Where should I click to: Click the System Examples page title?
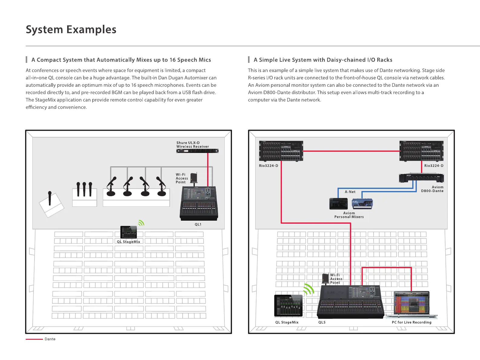pos(71,30)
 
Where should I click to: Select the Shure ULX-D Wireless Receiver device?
pos(197,151)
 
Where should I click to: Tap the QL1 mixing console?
pos(199,203)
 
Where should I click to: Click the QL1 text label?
pos(198,224)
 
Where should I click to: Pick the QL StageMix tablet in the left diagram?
pos(129,232)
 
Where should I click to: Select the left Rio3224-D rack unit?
pos(281,151)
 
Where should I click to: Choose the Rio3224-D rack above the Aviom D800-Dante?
pos(421,151)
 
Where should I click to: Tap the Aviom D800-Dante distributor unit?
pos(421,178)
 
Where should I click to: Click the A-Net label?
pos(350,192)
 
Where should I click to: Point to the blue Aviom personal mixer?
pos(362,204)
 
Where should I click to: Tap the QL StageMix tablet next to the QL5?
pos(289,306)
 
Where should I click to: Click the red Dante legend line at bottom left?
pos(34,339)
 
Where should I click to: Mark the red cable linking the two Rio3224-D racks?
pos(351,151)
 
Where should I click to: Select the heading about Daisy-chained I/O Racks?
pos(323,60)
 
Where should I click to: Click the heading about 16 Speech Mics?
pos(121,60)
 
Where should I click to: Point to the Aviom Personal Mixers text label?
pos(349,215)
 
